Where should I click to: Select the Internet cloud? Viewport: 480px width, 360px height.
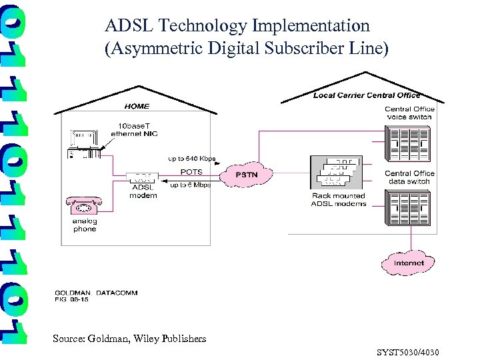[x=408, y=263]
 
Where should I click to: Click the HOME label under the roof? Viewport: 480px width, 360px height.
[x=137, y=106]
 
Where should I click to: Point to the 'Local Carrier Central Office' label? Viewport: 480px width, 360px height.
[x=367, y=95]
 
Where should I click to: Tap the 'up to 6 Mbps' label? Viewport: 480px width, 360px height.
[x=190, y=185]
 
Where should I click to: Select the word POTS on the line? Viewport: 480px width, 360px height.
[x=191, y=171]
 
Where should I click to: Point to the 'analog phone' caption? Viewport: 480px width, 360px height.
[x=85, y=225]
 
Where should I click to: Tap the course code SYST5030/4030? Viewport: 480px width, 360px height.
[x=407, y=352]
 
